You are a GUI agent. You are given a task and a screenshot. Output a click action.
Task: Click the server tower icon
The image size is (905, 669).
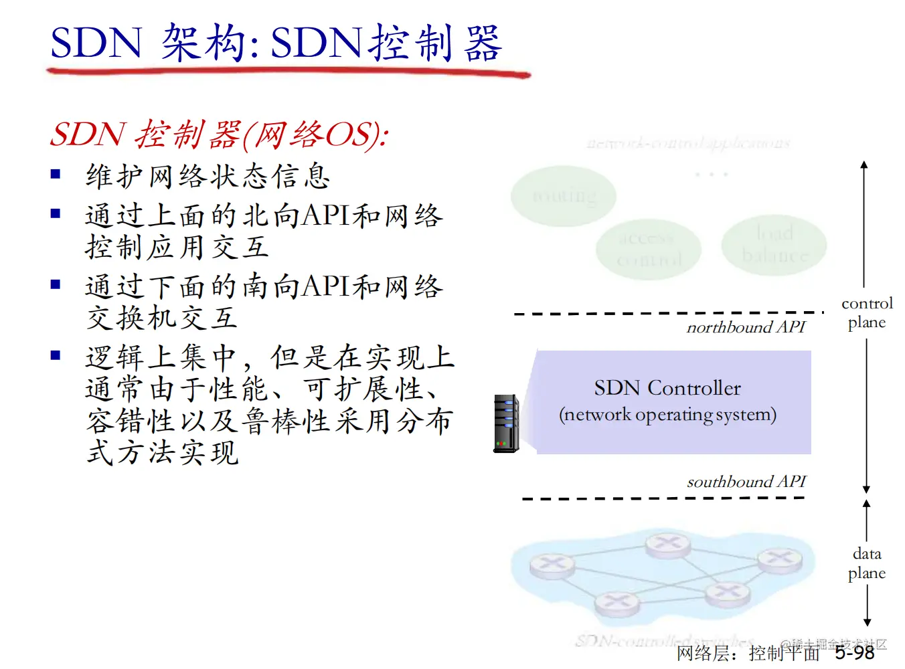tap(507, 423)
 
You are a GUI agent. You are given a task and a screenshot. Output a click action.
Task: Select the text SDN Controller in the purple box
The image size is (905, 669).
tap(667, 388)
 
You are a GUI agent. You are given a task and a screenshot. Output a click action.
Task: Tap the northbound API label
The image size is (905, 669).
tap(746, 327)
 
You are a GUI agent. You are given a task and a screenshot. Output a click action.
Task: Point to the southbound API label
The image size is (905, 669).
tap(746, 482)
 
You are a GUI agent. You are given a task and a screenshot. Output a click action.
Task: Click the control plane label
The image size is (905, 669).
tap(867, 313)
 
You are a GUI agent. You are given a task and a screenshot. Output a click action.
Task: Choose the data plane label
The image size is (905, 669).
tap(867, 563)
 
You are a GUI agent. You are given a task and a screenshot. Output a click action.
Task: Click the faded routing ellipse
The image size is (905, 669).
tap(564, 196)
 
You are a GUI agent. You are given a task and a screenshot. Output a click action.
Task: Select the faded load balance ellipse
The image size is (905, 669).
tap(774, 244)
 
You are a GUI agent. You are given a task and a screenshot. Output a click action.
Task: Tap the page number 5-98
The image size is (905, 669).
tap(855, 652)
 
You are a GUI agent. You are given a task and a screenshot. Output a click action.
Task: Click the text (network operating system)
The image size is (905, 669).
tap(667, 415)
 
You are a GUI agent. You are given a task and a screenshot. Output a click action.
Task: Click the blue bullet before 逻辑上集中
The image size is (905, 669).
tap(56, 355)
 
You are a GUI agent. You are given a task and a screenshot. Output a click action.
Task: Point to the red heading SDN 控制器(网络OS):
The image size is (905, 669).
tap(219, 134)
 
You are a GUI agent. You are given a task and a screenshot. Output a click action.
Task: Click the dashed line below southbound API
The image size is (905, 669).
tap(663, 498)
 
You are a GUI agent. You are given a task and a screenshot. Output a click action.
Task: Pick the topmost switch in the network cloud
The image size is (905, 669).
tap(667, 545)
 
